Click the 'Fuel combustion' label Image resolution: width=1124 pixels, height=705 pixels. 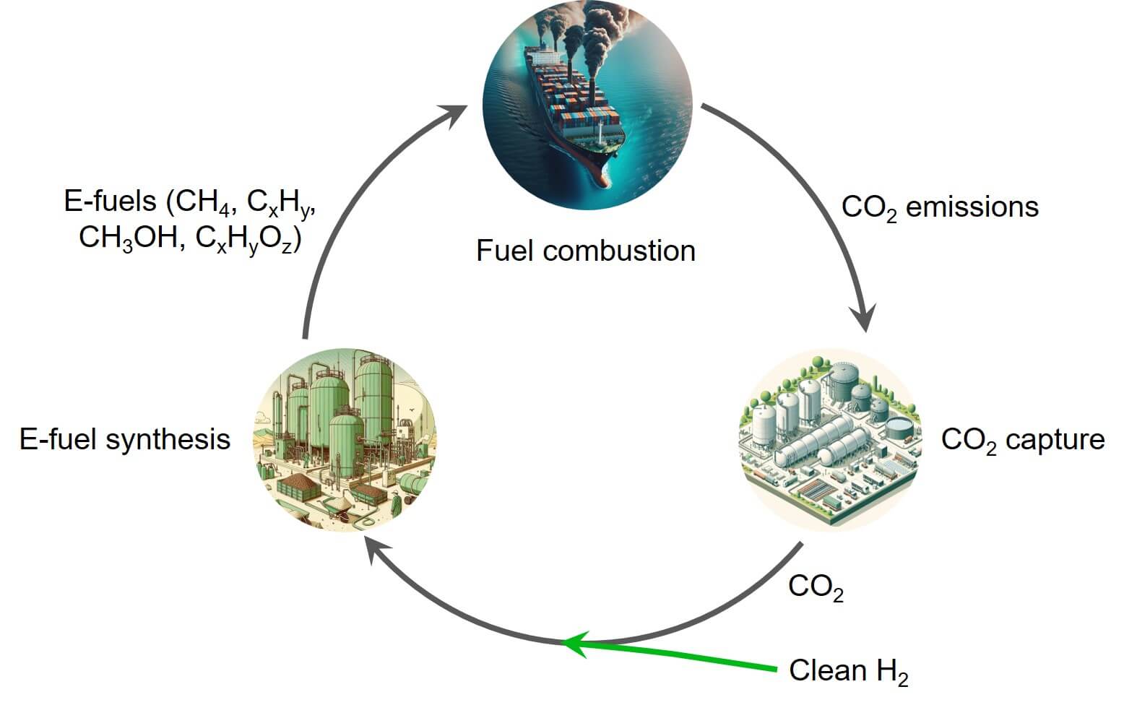click(586, 251)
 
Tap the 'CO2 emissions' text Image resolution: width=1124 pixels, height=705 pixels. click(940, 207)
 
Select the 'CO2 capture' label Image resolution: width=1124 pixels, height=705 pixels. click(1022, 440)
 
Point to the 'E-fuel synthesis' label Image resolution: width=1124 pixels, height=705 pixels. click(125, 439)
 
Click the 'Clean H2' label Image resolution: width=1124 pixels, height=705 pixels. click(848, 671)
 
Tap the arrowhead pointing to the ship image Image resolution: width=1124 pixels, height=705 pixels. click(453, 116)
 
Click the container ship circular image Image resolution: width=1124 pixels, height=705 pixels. click(587, 105)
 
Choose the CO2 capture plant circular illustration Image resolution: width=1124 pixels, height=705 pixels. click(831, 440)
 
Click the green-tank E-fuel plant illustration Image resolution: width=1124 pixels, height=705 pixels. click(345, 440)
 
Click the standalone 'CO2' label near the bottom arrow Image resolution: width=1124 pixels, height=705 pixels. click(816, 587)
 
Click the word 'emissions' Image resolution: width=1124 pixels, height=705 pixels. click(972, 207)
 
